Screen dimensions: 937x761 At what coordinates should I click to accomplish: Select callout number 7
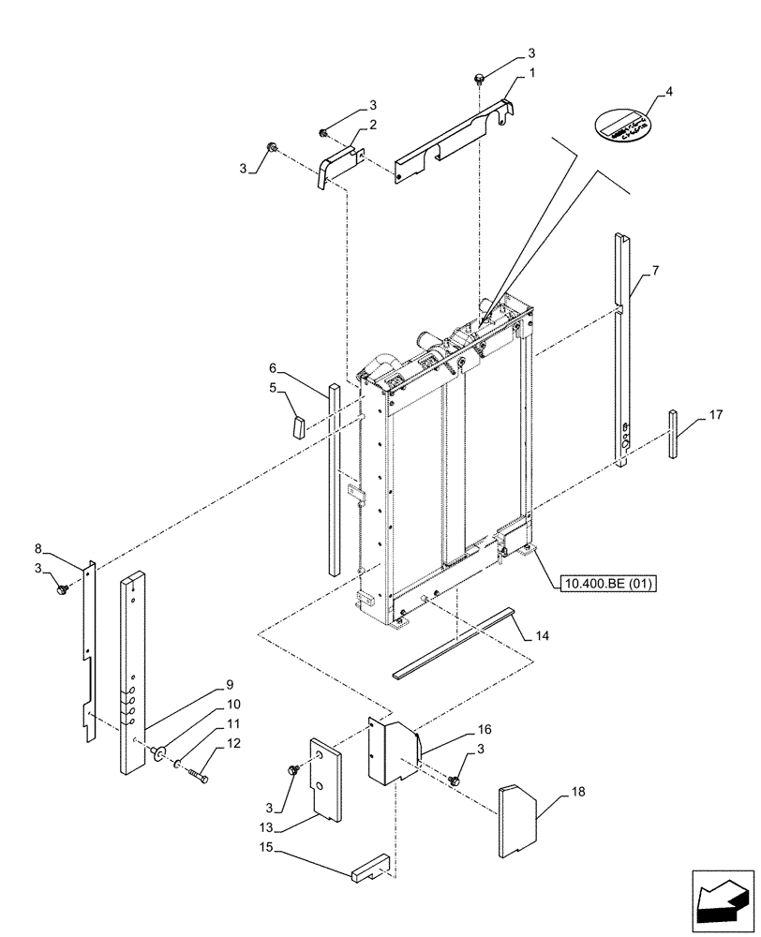(x=655, y=271)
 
